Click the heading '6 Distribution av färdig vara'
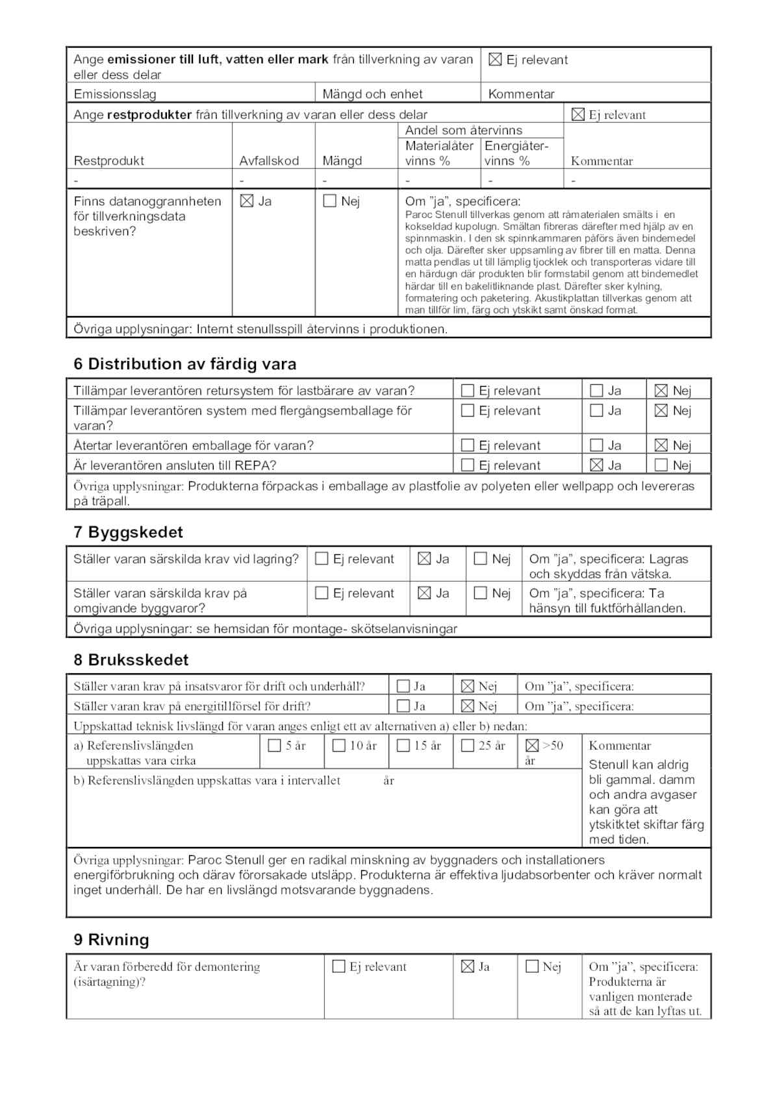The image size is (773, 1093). pos(184,364)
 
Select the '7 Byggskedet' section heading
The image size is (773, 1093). pos(128,532)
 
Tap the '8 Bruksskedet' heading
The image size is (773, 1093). pos(131,660)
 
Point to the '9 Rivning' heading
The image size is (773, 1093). pos(111,940)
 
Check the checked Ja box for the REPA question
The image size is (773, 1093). pos(596,465)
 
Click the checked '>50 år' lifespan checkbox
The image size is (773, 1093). pos(532,746)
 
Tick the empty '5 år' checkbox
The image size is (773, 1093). pos(274,746)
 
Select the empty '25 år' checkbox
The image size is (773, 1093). pos(467,746)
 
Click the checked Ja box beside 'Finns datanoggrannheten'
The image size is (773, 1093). pos(247,201)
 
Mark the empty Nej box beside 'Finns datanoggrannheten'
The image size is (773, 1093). pos(329,201)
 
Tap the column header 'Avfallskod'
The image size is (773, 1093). pos(269,161)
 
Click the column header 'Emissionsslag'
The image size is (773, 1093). pos(115,94)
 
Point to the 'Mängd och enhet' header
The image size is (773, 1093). pos(372,94)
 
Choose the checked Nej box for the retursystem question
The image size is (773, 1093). pos(661,391)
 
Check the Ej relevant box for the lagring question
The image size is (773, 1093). pos(322,559)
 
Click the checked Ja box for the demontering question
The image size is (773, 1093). pos(467,967)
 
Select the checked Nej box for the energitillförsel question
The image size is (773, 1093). pos(467,706)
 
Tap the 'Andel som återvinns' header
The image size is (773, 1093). pos(463,130)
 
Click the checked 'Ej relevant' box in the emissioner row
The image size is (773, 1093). pos(495,60)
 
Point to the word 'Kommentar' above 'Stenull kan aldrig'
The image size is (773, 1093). pos(620,746)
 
